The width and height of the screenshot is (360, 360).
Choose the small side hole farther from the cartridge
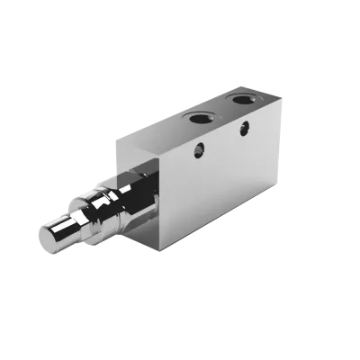(243, 130)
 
